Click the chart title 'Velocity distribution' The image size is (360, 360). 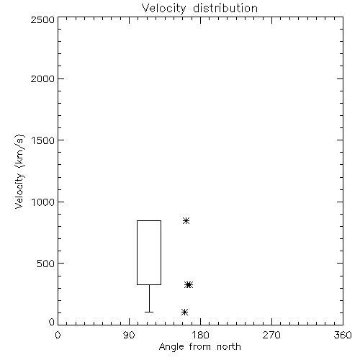pyautogui.click(x=199, y=8)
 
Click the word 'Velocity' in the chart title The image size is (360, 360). pyautogui.click(x=163, y=9)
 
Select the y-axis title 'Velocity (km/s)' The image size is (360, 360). pyautogui.click(x=19, y=171)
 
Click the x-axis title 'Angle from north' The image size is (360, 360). pyautogui.click(x=199, y=346)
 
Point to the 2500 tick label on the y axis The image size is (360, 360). pyautogui.click(x=43, y=19)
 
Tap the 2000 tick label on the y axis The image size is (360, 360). pyautogui.click(x=43, y=78)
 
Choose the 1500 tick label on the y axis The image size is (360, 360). pyautogui.click(x=43, y=140)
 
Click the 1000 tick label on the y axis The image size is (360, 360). pyautogui.click(x=43, y=202)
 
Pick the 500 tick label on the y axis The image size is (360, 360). pyautogui.click(x=46, y=264)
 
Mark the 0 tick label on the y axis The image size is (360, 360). pyautogui.click(x=52, y=322)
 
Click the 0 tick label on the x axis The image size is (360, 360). pyautogui.click(x=58, y=335)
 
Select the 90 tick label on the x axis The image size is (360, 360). pyautogui.click(x=129, y=335)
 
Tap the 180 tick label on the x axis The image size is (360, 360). pyautogui.click(x=201, y=335)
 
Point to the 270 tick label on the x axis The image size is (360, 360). pyautogui.click(x=271, y=335)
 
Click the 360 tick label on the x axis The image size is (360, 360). pyautogui.click(x=343, y=335)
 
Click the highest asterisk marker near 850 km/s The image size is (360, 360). pyautogui.click(x=186, y=220)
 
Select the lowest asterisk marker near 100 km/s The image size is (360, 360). pyautogui.click(x=184, y=312)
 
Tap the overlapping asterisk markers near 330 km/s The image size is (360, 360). pyautogui.click(x=189, y=285)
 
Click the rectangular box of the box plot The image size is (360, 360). pyautogui.click(x=137, y=253)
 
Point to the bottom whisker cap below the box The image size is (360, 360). pyautogui.click(x=149, y=312)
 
